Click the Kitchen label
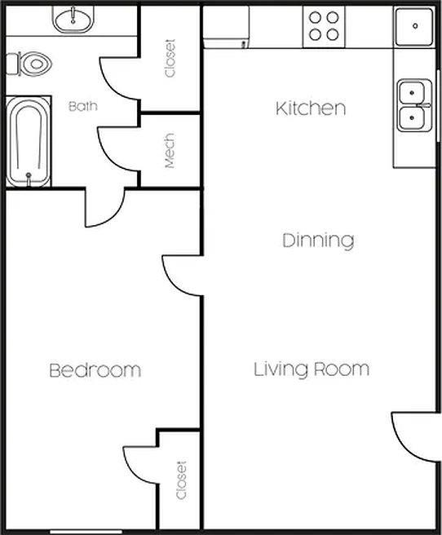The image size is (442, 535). coord(311,108)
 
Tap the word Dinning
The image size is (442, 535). coord(318,241)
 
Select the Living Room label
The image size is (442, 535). coord(311,369)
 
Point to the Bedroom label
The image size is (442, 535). coord(95,370)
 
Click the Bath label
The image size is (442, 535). coord(83,106)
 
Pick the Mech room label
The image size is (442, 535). coord(170,152)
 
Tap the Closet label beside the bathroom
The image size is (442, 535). coord(170,59)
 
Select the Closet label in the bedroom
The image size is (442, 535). coord(180,481)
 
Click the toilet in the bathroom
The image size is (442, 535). coord(29,63)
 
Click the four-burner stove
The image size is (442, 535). coord(324,25)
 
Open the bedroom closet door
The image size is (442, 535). coord(141,465)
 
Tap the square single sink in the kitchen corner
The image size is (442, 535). coord(414,26)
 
